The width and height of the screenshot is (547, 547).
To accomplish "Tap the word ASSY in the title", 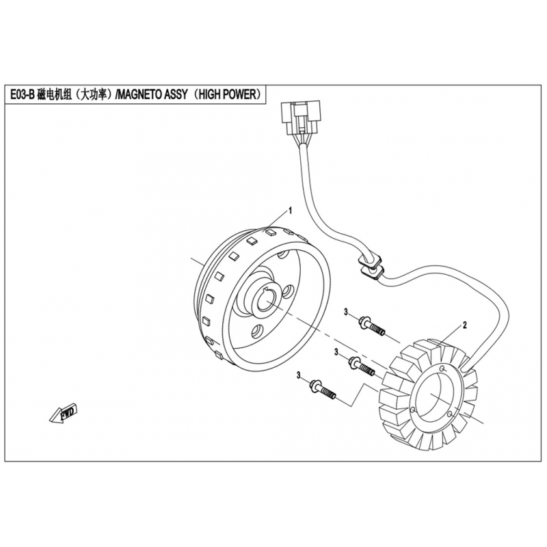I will click(174, 95).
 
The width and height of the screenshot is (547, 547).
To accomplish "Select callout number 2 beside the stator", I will click(464, 323).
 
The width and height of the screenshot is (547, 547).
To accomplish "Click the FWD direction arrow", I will click(62, 414).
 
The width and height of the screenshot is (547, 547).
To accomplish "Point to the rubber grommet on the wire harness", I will click(370, 267).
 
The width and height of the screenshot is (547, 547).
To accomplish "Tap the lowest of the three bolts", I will click(321, 390).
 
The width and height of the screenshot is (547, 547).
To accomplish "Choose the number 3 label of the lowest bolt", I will click(299, 375).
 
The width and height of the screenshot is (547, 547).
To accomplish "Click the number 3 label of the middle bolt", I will click(337, 352).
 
